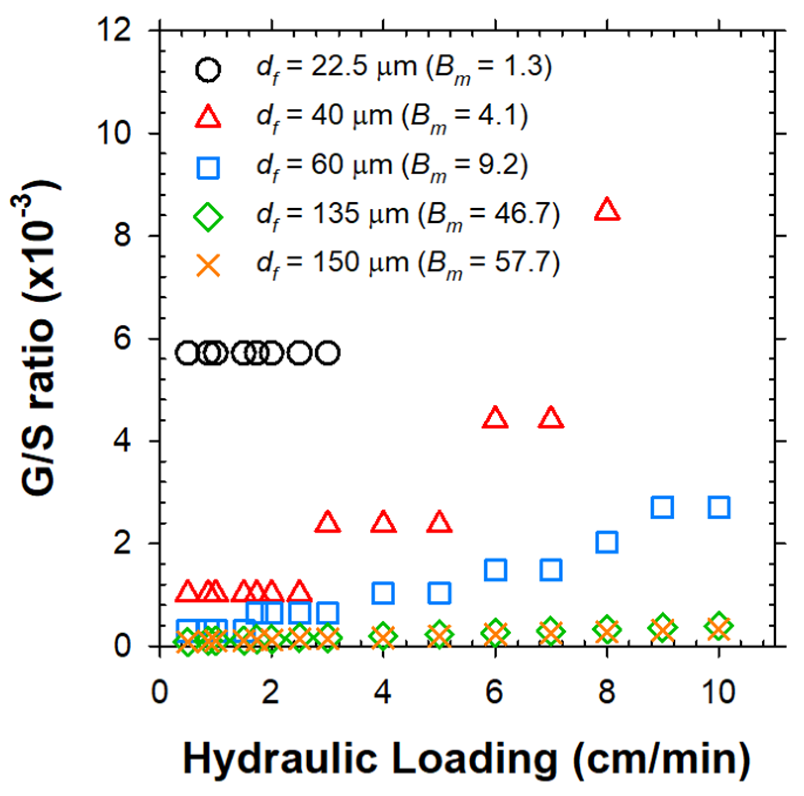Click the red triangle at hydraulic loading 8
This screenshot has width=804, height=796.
point(607,210)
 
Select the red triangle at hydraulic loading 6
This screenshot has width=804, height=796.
point(495,418)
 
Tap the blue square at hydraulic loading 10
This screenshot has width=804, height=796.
point(719,507)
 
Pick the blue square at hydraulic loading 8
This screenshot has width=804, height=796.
point(607,542)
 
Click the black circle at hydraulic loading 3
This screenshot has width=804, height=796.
point(327,353)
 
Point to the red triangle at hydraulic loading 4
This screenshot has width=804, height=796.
point(384,523)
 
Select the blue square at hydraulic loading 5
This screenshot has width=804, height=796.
point(440,593)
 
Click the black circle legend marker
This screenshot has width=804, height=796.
point(208,70)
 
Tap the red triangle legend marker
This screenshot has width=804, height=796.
point(208,118)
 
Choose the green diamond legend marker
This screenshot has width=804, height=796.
point(208,217)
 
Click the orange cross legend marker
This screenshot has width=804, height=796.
point(208,265)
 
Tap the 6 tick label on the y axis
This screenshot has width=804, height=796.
point(123,339)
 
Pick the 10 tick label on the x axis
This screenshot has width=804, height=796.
point(718,692)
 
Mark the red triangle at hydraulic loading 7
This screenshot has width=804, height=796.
point(551,418)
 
